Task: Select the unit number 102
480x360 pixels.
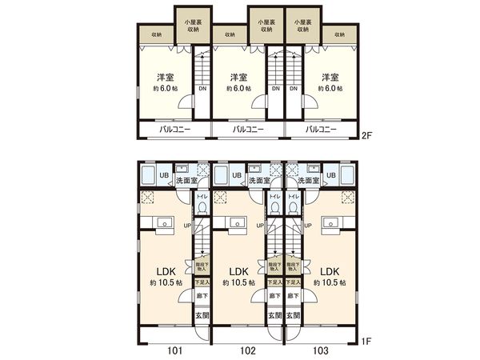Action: pyautogui.click(x=249, y=349)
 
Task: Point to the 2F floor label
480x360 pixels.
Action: pyautogui.click(x=367, y=136)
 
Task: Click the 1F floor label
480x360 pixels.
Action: pyautogui.click(x=367, y=342)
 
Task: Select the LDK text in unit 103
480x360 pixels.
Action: pyautogui.click(x=328, y=271)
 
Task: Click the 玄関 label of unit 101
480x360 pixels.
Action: pyautogui.click(x=202, y=315)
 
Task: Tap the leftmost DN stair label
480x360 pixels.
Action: pyautogui.click(x=202, y=89)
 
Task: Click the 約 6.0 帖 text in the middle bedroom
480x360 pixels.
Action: pyautogui.click(x=238, y=89)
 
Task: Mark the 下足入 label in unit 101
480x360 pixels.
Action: pyautogui.click(x=202, y=282)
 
